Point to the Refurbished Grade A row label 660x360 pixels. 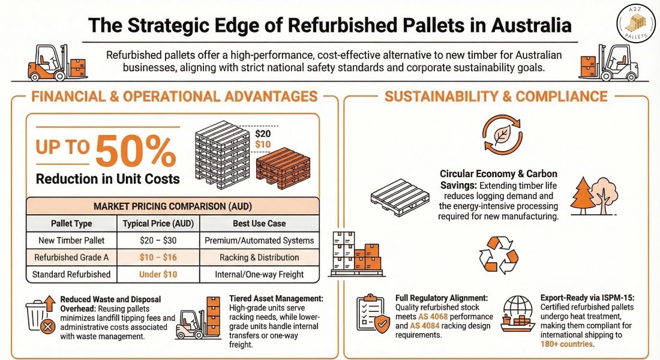71,257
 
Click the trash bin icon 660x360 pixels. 41,316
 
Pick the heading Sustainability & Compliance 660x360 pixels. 496,96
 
